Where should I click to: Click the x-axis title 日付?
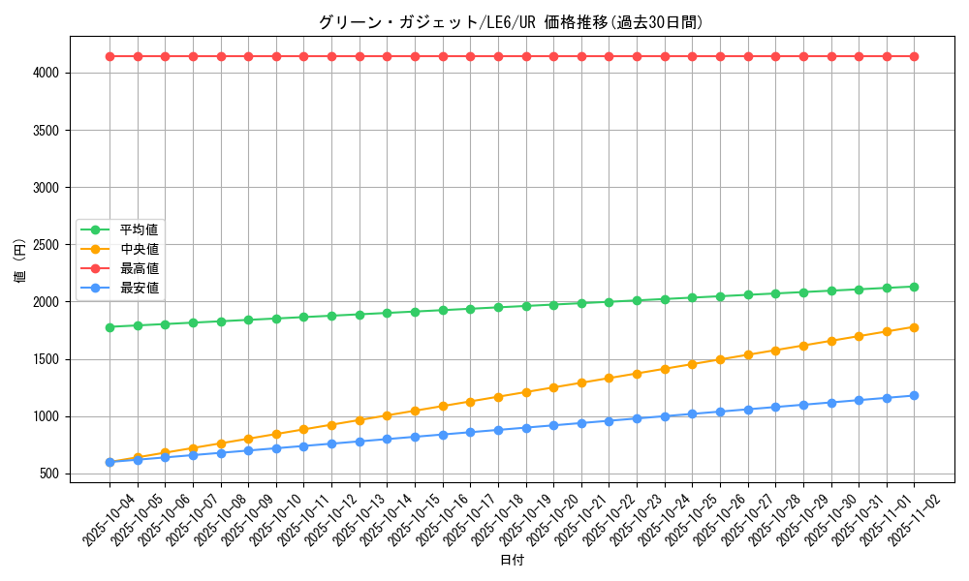coord(512,561)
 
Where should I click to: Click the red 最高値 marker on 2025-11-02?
coord(914,56)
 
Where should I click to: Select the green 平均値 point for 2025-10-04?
coord(109,327)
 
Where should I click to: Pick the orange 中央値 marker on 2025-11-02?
coord(914,327)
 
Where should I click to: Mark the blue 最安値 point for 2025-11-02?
coord(914,395)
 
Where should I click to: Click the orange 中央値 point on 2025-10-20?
coord(553,387)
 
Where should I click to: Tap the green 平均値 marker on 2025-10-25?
coord(692,297)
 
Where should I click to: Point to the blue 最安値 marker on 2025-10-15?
coord(415,437)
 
